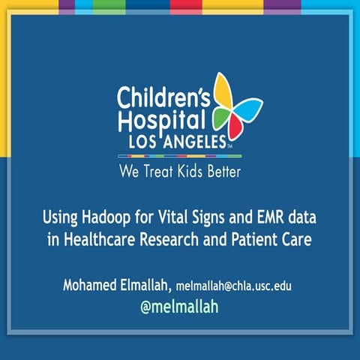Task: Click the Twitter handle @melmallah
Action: point(179,307)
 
